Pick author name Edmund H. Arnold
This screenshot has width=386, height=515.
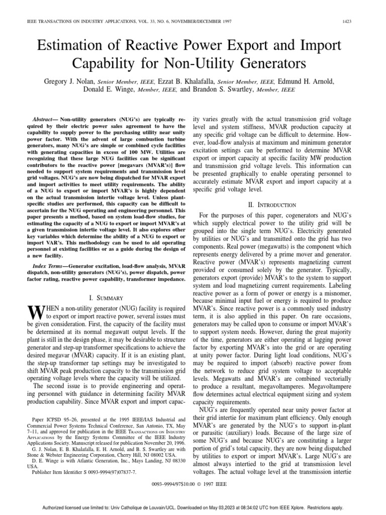pos(312,81)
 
